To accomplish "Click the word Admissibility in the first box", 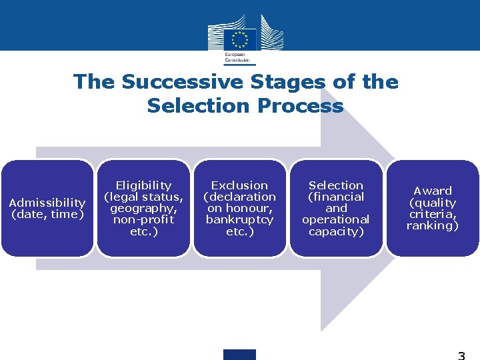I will (47, 202).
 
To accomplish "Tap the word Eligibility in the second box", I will (143, 185).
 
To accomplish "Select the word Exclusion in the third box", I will (239, 185).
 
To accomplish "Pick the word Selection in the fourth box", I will (335, 185).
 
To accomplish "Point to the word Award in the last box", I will (433, 191).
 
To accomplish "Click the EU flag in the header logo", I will (239, 38).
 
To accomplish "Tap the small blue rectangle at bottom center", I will (239, 354).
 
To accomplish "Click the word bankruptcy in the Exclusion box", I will (239, 219).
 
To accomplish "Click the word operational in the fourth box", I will (335, 219).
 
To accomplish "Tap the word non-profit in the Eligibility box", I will (143, 219).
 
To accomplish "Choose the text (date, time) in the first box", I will (47, 213).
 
